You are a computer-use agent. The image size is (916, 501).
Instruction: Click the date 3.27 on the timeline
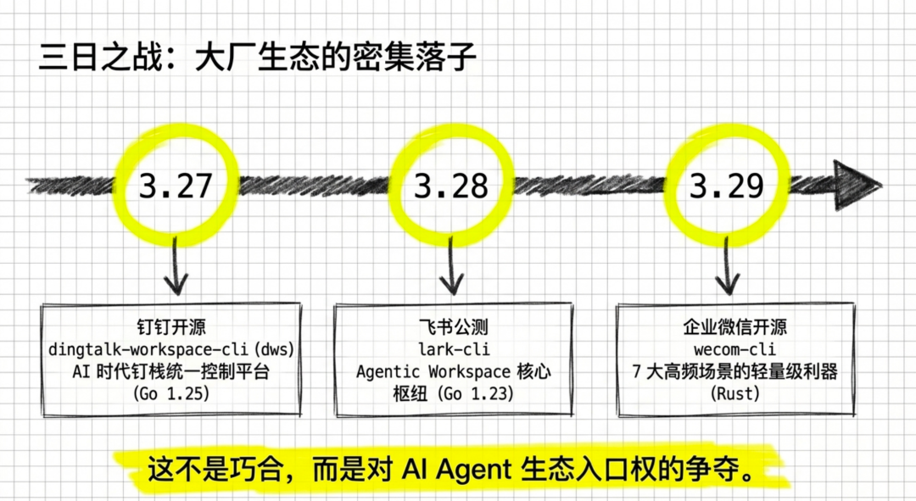tap(176, 185)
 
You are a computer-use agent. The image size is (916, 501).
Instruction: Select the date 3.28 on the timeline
tap(451, 185)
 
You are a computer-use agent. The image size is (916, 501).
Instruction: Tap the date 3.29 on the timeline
tap(727, 185)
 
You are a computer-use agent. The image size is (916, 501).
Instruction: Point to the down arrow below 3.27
tap(175, 267)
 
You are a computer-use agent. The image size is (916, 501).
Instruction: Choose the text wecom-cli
tap(734, 349)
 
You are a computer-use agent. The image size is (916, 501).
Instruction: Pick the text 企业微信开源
tap(734, 327)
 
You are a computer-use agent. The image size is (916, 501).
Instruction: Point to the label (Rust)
tap(734, 394)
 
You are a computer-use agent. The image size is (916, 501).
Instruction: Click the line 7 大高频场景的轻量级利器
tap(734, 371)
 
